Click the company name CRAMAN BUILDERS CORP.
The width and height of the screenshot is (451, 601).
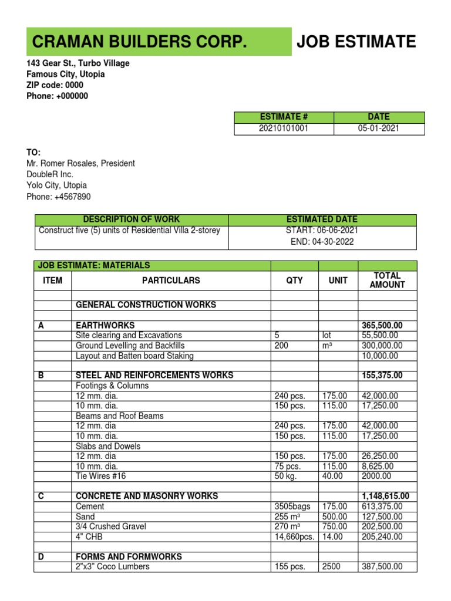click(139, 42)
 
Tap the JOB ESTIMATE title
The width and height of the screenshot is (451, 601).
click(356, 42)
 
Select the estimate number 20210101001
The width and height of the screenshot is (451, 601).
click(284, 128)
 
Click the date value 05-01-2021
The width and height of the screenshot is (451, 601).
click(379, 128)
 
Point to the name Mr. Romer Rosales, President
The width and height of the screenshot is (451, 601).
click(80, 163)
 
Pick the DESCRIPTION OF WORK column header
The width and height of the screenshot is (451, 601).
click(132, 220)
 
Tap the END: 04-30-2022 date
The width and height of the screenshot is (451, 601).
click(322, 242)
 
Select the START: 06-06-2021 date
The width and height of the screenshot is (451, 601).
click(322, 230)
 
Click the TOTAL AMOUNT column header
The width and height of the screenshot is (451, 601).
click(387, 280)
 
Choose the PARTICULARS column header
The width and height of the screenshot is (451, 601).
click(171, 281)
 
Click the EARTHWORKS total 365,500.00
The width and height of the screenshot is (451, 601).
click(386, 325)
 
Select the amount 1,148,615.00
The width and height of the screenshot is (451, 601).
click(386, 496)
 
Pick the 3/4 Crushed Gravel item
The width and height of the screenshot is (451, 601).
click(112, 526)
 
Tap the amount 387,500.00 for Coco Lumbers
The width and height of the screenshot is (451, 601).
click(382, 566)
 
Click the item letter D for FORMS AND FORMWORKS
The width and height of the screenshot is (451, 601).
click(41, 556)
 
